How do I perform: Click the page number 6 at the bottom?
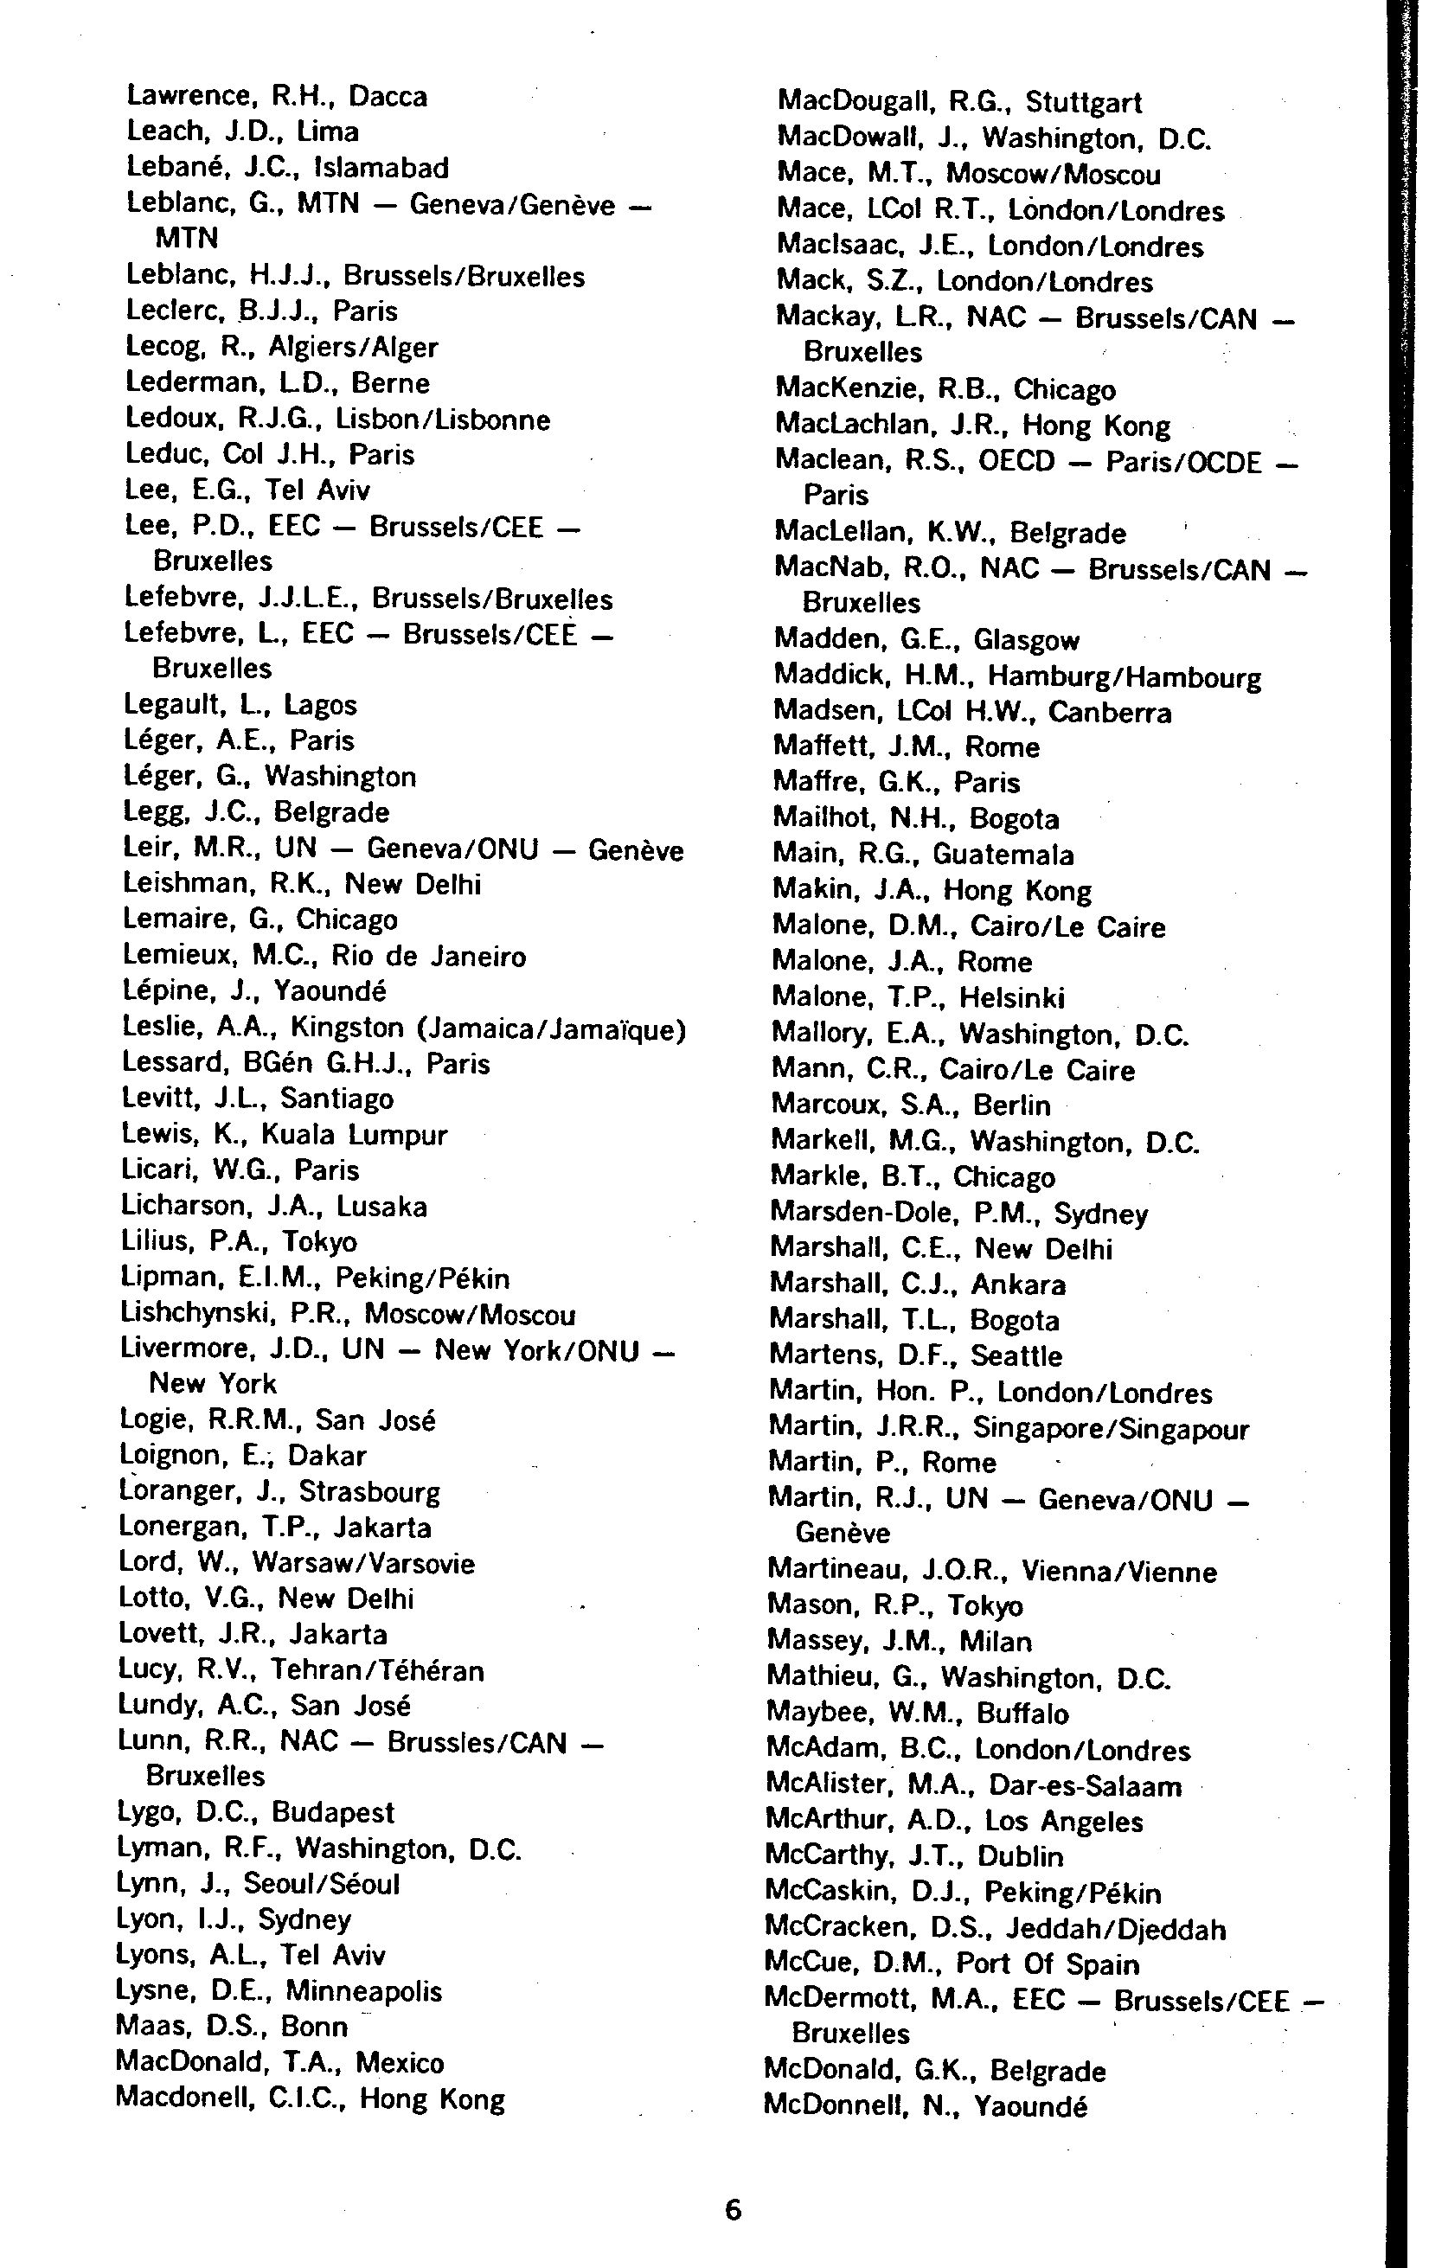pos(733,2208)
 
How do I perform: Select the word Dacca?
pos(388,96)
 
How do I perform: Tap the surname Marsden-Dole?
pos(861,1213)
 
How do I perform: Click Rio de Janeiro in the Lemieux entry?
pos(427,956)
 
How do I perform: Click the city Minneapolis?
pos(363,1991)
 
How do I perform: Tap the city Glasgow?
pos(1026,640)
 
